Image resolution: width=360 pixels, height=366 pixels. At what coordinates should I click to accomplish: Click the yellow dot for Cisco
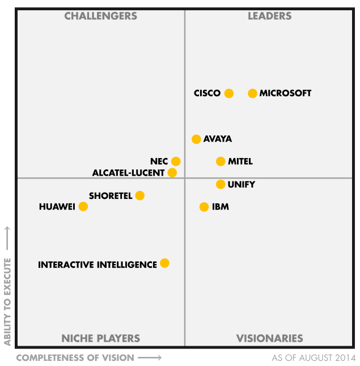click(228, 93)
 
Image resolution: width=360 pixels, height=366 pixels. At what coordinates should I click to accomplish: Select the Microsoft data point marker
click(252, 93)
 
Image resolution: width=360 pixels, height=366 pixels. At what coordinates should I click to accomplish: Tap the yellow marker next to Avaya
click(196, 139)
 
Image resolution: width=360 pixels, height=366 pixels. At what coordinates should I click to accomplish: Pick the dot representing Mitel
click(221, 161)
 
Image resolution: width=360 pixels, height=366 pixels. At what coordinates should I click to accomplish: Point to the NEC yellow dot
click(176, 161)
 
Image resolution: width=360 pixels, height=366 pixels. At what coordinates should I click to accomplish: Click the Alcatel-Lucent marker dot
click(172, 173)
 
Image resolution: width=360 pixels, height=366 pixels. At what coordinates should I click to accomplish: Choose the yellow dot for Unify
click(221, 184)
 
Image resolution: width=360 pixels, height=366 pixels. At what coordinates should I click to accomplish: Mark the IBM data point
click(204, 207)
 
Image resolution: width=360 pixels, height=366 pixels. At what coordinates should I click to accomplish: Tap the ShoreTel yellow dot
click(139, 195)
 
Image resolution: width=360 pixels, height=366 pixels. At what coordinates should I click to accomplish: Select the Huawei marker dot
click(83, 206)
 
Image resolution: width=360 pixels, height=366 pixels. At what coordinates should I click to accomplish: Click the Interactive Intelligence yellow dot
click(164, 263)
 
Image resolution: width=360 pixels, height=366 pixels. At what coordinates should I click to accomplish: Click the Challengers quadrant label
click(100, 16)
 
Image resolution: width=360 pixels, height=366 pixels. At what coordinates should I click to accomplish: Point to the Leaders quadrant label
click(269, 16)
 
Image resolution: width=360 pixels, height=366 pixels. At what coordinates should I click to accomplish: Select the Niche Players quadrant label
click(100, 338)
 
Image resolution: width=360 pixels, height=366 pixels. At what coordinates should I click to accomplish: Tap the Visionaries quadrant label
click(269, 338)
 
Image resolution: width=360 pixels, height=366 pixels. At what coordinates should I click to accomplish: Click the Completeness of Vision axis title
click(75, 358)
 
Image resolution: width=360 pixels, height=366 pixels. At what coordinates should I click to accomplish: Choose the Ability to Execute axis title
click(8, 301)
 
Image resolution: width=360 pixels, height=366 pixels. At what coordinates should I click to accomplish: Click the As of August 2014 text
click(314, 358)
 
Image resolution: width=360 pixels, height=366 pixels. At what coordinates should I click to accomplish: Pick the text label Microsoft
click(285, 93)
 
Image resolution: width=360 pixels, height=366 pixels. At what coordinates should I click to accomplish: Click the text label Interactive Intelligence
click(98, 265)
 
